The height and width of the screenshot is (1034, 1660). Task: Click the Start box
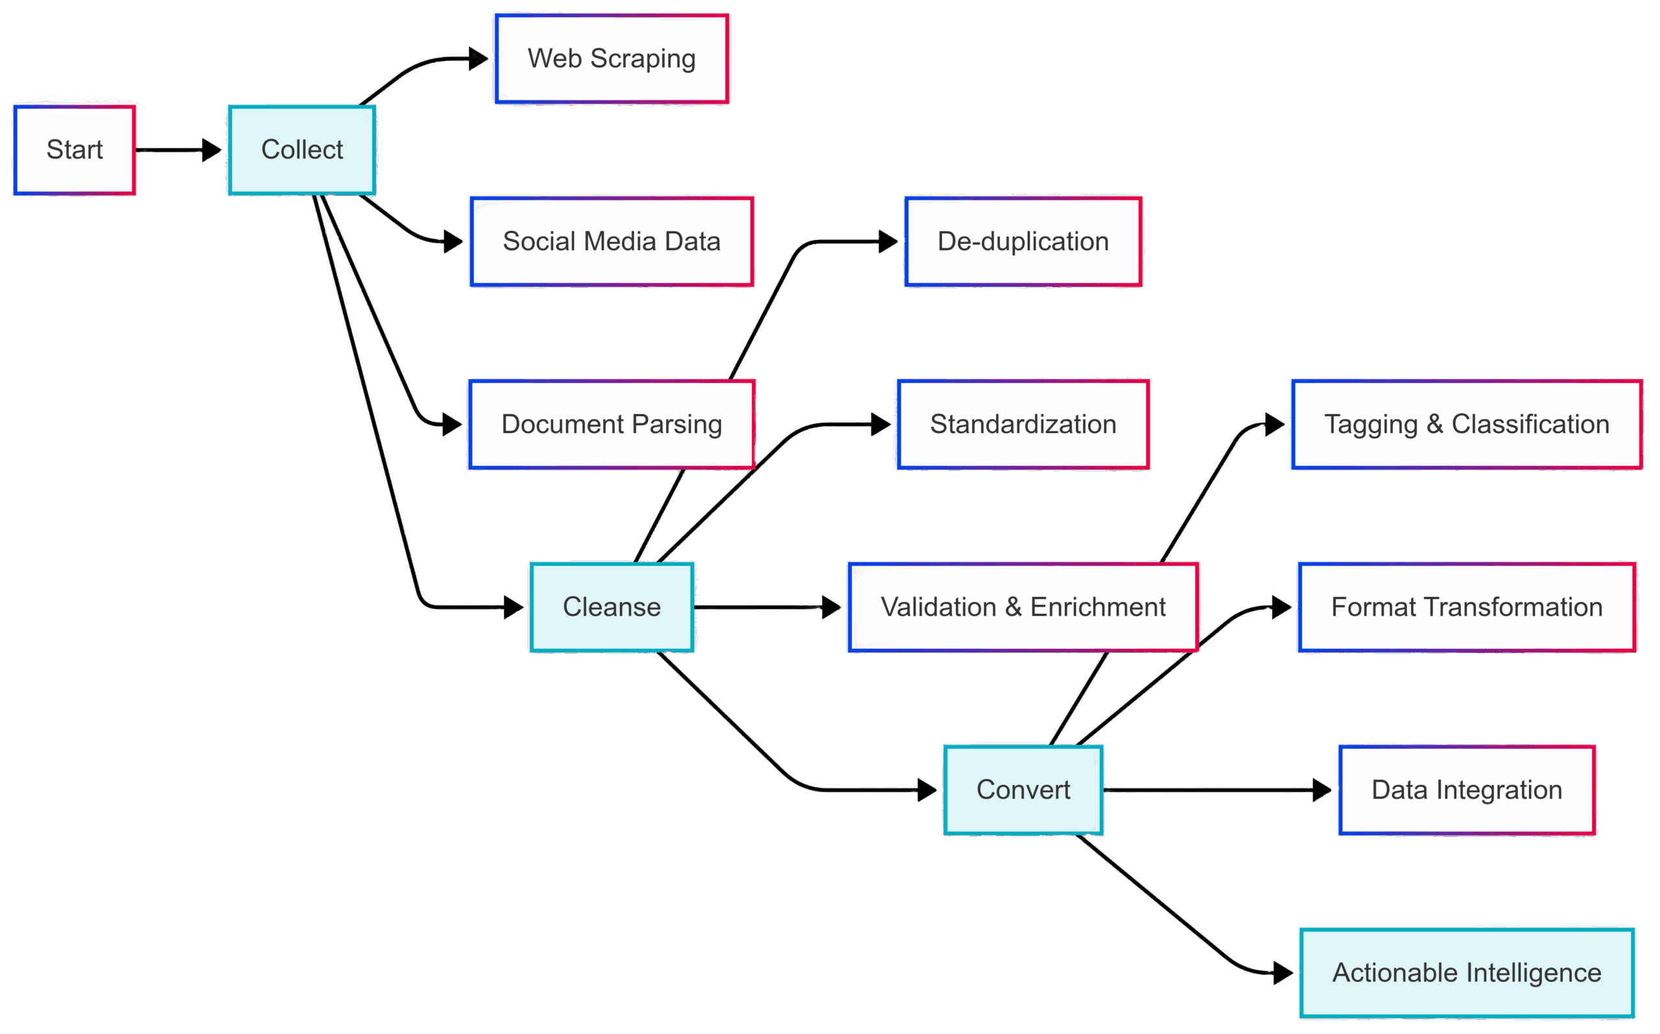[75, 150]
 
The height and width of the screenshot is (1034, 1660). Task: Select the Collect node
[302, 150]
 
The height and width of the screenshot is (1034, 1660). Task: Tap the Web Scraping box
[611, 60]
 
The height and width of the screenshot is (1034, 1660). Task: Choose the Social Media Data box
[611, 242]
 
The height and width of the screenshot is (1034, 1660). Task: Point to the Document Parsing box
[611, 425]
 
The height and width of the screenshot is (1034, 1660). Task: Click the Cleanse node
[611, 607]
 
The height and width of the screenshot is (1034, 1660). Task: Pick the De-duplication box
[1023, 242]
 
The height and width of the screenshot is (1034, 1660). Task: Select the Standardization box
[1023, 425]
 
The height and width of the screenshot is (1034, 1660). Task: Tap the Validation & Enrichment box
[1023, 607]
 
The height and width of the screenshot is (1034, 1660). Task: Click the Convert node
[1023, 790]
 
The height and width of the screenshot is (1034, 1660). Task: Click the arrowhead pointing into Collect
[213, 150]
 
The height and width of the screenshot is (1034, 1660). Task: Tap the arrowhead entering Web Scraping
[479, 59]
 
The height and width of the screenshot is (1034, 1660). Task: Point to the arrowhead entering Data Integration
[1322, 790]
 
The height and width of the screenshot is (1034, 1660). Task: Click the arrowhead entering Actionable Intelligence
[1283, 972]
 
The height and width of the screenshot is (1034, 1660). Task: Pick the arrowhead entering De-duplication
[888, 241]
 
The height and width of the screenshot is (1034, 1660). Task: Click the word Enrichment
[1098, 607]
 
